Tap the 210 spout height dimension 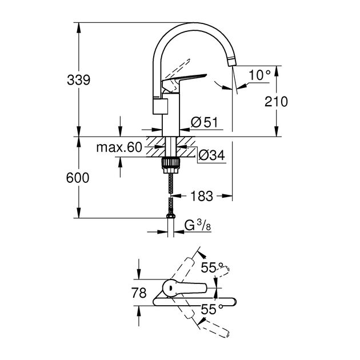[x=276, y=101]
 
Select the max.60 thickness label [x=119, y=148]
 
